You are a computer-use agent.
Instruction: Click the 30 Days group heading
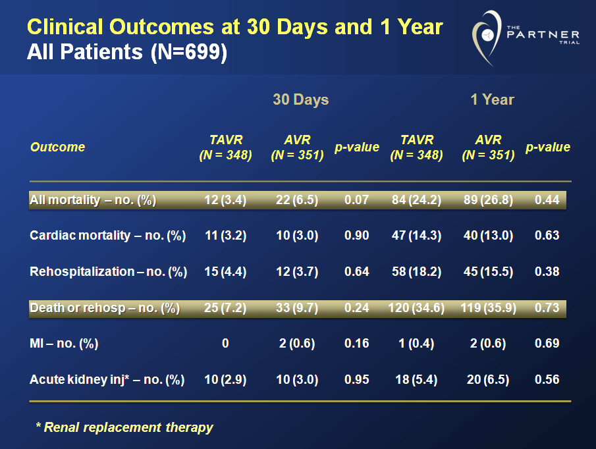[x=301, y=100]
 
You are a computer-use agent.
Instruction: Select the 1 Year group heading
[x=492, y=100]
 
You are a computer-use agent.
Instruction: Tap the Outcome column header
[x=58, y=147]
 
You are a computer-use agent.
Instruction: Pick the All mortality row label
[x=93, y=200]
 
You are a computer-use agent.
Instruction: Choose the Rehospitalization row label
[x=108, y=271]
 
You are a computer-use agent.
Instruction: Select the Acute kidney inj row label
[x=107, y=379]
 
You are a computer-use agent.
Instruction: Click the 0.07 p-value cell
[x=357, y=200]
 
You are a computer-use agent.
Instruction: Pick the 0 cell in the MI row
[x=225, y=343]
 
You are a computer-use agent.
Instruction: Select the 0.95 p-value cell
[x=357, y=379]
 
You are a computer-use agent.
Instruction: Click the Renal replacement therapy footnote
[x=124, y=427]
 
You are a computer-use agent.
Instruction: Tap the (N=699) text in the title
[x=188, y=52]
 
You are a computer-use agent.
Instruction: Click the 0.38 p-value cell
[x=547, y=271]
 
